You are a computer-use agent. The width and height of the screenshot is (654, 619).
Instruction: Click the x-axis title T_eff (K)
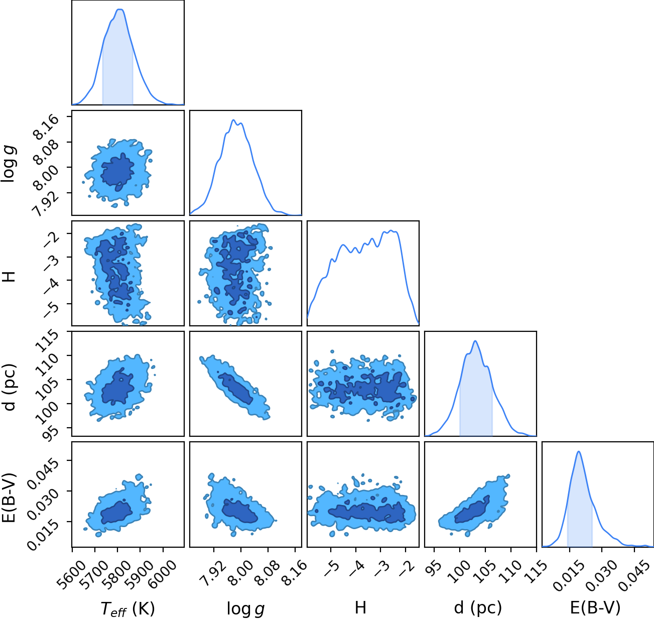[127, 608]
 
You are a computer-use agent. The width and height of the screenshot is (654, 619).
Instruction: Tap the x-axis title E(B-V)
[595, 607]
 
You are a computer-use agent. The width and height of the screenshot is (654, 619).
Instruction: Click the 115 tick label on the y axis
[47, 341]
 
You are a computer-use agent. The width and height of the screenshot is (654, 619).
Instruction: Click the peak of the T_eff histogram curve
[120, 10]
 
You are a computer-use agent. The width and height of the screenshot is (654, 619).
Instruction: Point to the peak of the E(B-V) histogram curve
[579, 452]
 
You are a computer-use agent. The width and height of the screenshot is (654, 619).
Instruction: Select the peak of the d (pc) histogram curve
[475, 341]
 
